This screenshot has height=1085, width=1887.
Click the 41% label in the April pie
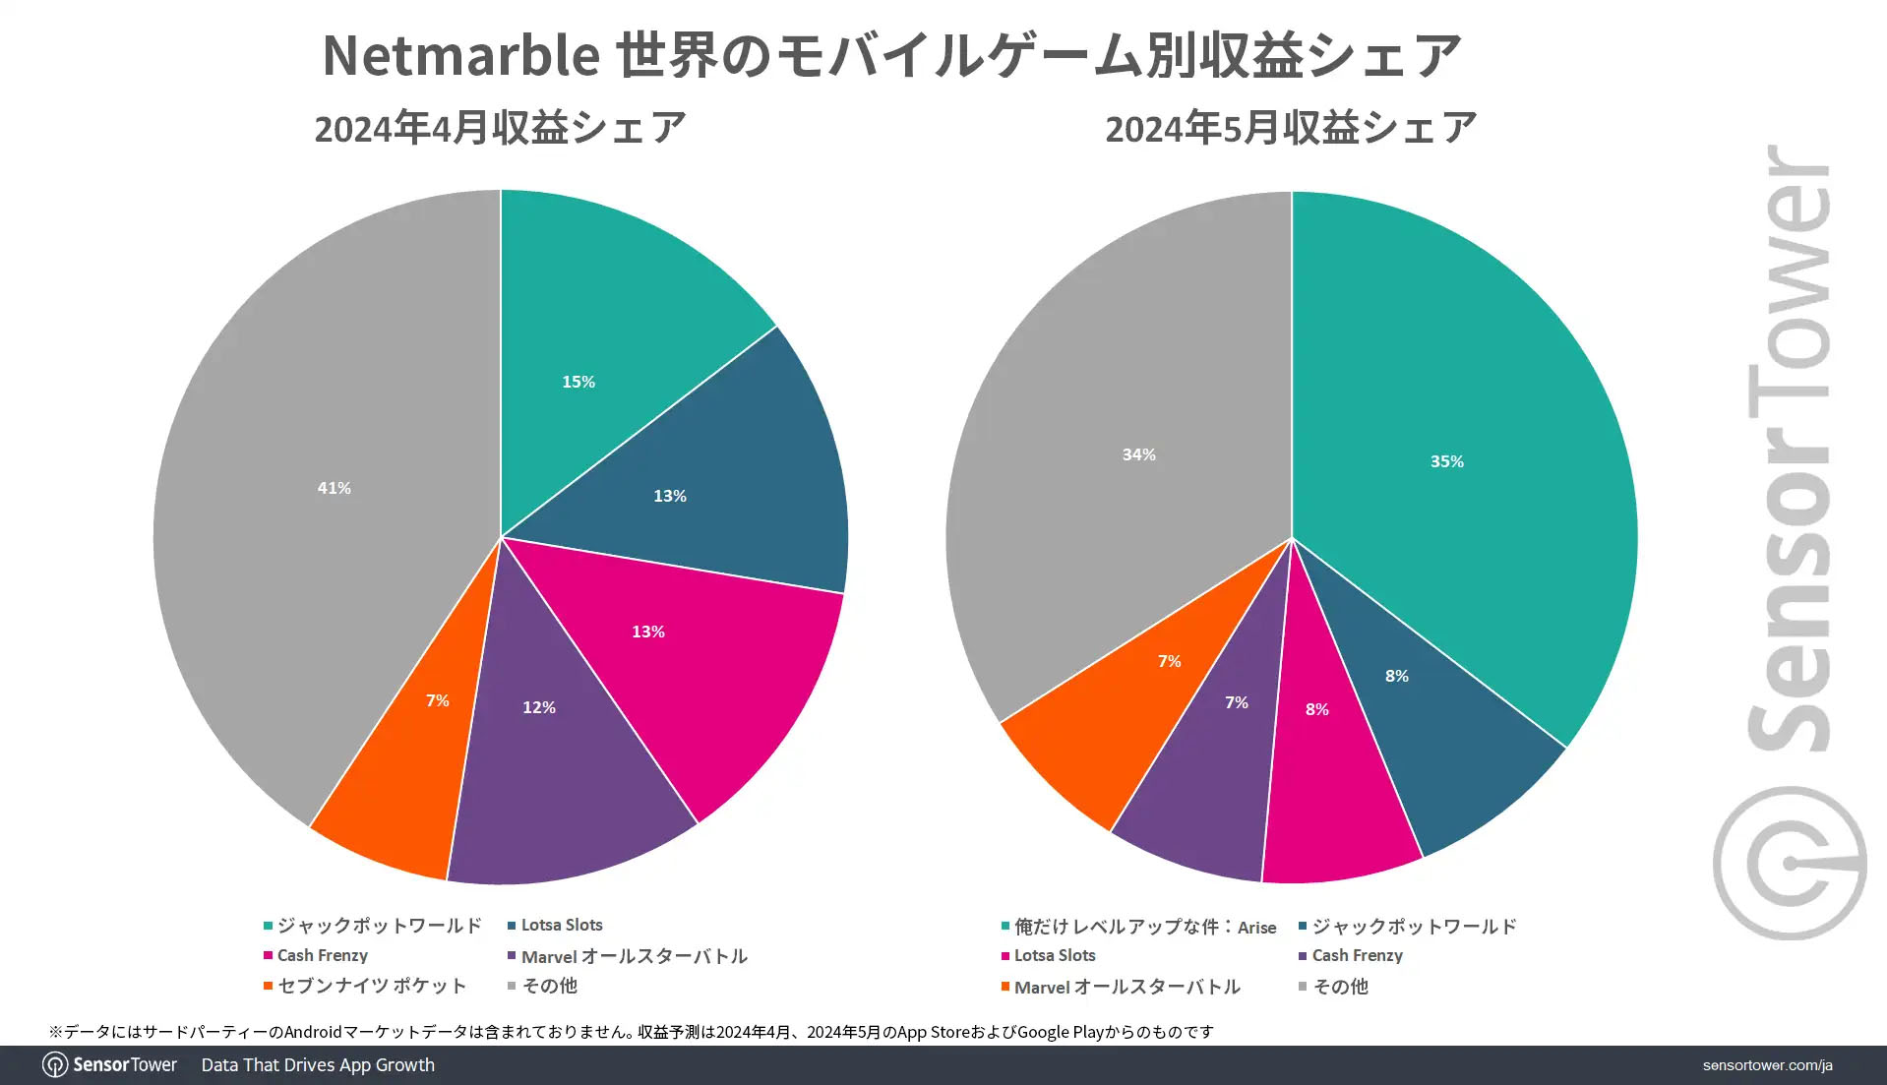pyautogui.click(x=334, y=488)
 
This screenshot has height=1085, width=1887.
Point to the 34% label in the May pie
pyautogui.click(x=1138, y=454)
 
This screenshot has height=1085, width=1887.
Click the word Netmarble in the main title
pyautogui.click(x=460, y=56)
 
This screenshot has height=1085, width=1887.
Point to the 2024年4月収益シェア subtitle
pyautogui.click(x=500, y=129)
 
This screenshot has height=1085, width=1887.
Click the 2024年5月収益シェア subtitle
pyautogui.click(x=1291, y=129)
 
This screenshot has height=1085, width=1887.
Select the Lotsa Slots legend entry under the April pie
pyautogui.click(x=561, y=926)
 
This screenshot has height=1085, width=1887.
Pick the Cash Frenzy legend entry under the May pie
pyautogui.click(x=1357, y=956)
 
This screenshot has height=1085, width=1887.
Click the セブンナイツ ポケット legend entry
pyautogui.click(x=371, y=987)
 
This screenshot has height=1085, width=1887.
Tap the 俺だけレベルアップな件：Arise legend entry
pyautogui.click(x=1144, y=927)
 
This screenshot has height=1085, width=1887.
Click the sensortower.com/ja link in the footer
pyautogui.click(x=1767, y=1065)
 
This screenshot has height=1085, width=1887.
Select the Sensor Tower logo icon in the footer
pyautogui.click(x=55, y=1065)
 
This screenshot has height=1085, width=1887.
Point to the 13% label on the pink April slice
pyautogui.click(x=648, y=632)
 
